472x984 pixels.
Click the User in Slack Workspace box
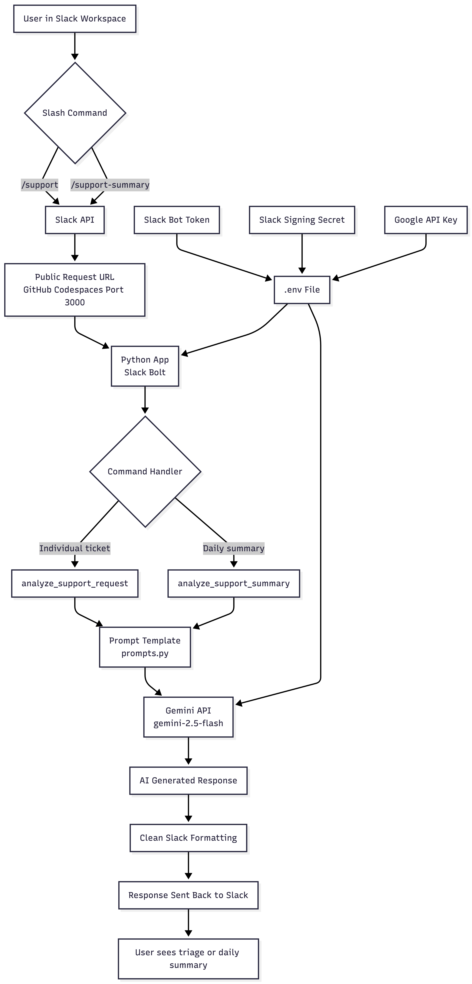(x=75, y=19)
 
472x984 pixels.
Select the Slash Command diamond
(x=75, y=113)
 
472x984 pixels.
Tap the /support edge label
(x=40, y=185)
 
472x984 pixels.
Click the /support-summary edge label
(x=110, y=185)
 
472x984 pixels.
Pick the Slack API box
(x=75, y=220)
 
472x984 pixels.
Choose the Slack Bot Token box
(x=177, y=220)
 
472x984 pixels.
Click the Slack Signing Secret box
(x=302, y=220)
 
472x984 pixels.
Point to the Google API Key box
(x=426, y=220)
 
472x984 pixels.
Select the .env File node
(x=302, y=290)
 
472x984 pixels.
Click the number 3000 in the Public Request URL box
(x=75, y=302)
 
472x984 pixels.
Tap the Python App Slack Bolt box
(x=145, y=366)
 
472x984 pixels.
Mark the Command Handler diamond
(x=145, y=472)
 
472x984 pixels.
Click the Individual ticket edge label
(x=75, y=548)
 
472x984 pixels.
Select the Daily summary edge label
(x=234, y=548)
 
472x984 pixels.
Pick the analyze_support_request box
(x=75, y=584)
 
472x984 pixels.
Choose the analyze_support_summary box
(x=234, y=584)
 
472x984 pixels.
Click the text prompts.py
(x=145, y=654)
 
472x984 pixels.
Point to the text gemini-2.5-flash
(x=188, y=724)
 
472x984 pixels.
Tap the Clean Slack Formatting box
(x=188, y=838)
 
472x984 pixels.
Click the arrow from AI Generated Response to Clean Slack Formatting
(x=188, y=808)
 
